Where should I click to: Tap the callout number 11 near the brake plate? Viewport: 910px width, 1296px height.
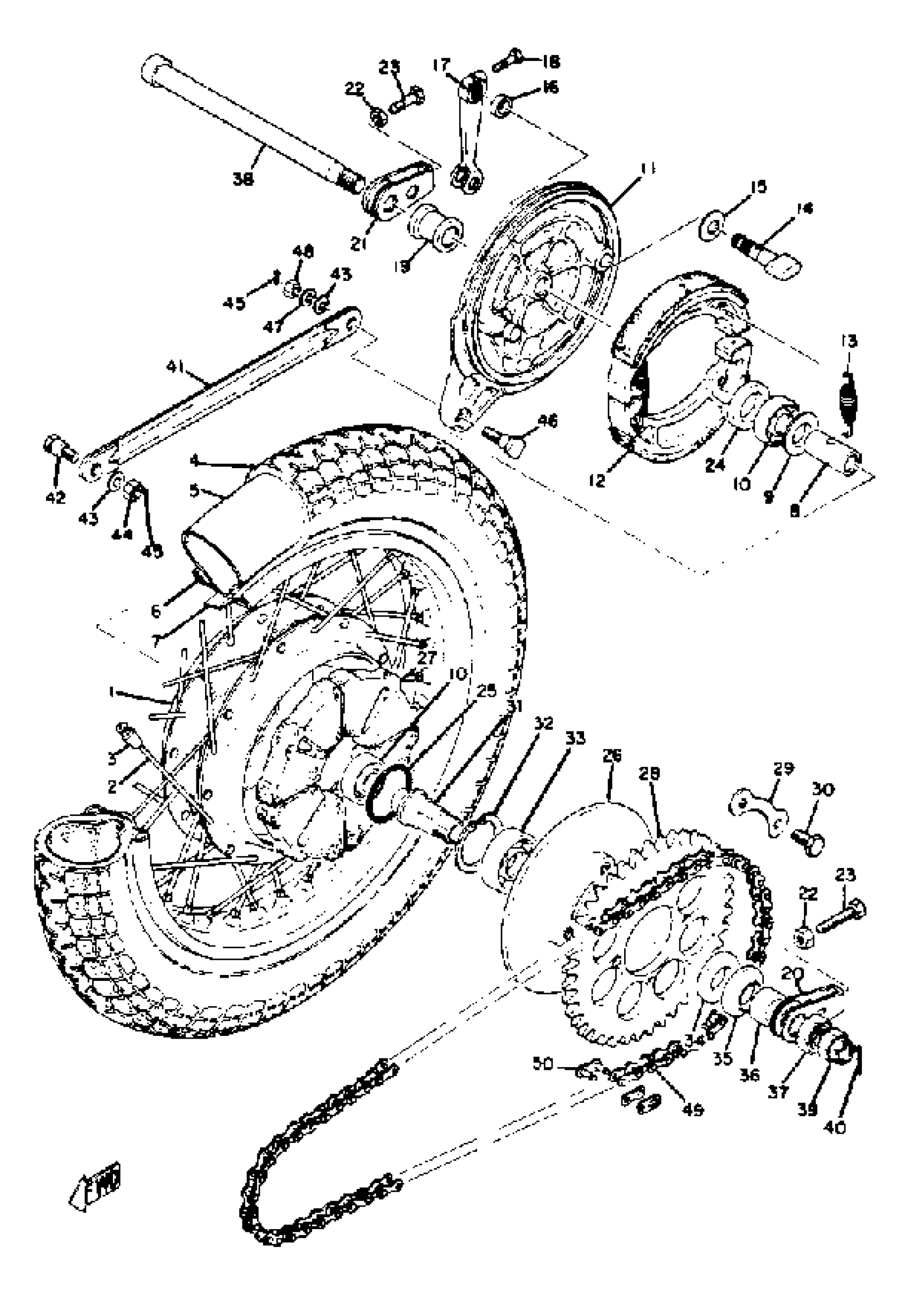tap(647, 168)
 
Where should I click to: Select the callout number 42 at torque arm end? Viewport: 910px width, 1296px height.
tap(56, 497)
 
